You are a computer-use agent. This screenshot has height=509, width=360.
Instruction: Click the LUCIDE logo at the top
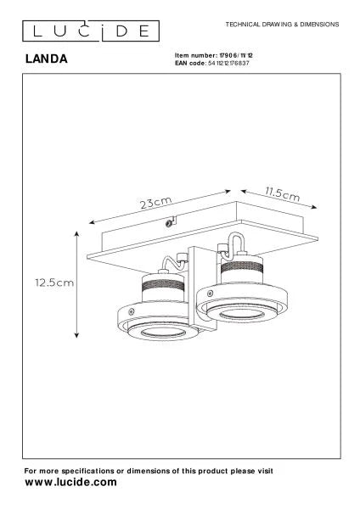(x=91, y=31)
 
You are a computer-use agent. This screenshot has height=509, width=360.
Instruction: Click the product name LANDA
(x=47, y=59)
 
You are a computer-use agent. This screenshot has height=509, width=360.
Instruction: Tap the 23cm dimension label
(x=155, y=203)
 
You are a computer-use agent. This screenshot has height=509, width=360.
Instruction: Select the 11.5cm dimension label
(x=283, y=193)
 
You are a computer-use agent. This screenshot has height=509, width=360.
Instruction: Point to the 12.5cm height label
(x=54, y=282)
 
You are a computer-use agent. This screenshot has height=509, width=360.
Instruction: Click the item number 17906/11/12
(x=236, y=55)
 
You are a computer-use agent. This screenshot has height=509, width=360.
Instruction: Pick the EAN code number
(x=228, y=63)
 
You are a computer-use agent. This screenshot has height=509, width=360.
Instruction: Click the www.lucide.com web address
(x=70, y=482)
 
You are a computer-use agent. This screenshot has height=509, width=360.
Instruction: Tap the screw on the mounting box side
(x=169, y=223)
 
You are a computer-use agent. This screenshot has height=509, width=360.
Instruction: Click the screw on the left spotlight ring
(x=132, y=312)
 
